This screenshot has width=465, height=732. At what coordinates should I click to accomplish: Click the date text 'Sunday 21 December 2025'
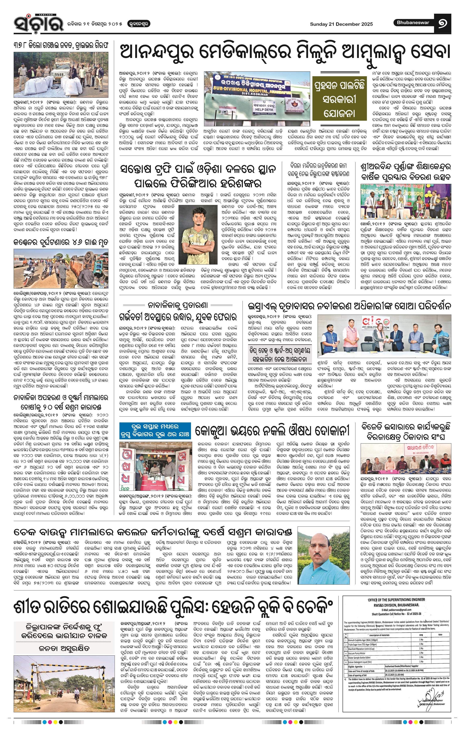click(341, 24)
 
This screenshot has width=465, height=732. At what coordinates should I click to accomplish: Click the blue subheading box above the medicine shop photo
click(155, 430)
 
